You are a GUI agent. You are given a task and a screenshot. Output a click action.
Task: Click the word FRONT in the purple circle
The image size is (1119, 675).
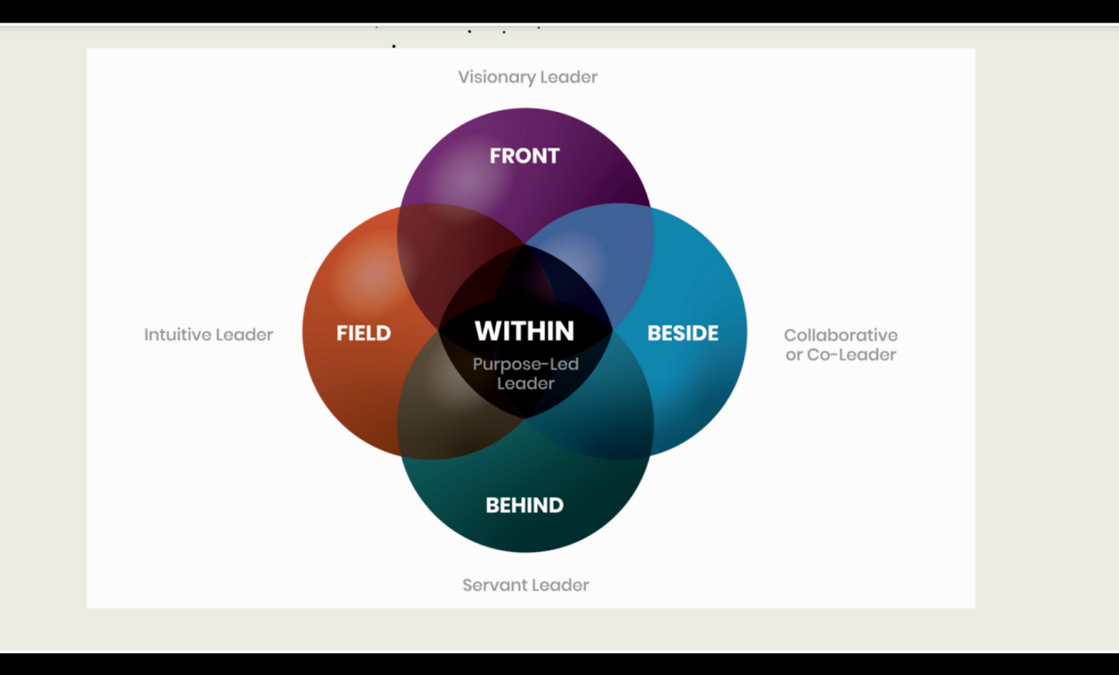525,156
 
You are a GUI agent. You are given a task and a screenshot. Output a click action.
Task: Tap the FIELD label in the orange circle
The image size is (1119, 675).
364,333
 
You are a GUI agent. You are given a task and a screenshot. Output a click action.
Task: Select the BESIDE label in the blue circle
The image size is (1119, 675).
683,333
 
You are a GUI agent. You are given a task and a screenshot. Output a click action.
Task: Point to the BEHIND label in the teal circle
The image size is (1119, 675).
525,505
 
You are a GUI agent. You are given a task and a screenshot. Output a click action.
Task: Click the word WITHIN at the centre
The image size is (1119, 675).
525,331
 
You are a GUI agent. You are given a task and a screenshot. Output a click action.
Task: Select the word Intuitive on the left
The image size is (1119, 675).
177,335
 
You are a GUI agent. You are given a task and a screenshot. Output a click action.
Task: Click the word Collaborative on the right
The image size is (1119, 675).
841,335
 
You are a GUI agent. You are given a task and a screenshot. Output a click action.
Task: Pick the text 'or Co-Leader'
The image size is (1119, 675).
841,355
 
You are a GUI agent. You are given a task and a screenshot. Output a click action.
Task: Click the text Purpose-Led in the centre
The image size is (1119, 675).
526,364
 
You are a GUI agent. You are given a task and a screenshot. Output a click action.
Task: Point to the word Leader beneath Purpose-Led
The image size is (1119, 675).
526,384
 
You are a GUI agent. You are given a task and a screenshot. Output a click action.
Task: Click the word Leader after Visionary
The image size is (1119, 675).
569,77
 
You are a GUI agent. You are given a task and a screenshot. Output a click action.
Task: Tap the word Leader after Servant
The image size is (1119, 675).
559,585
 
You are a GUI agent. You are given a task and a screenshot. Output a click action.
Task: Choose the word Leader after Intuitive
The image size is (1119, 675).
244,335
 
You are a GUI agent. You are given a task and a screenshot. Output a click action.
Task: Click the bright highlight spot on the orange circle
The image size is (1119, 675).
371,276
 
